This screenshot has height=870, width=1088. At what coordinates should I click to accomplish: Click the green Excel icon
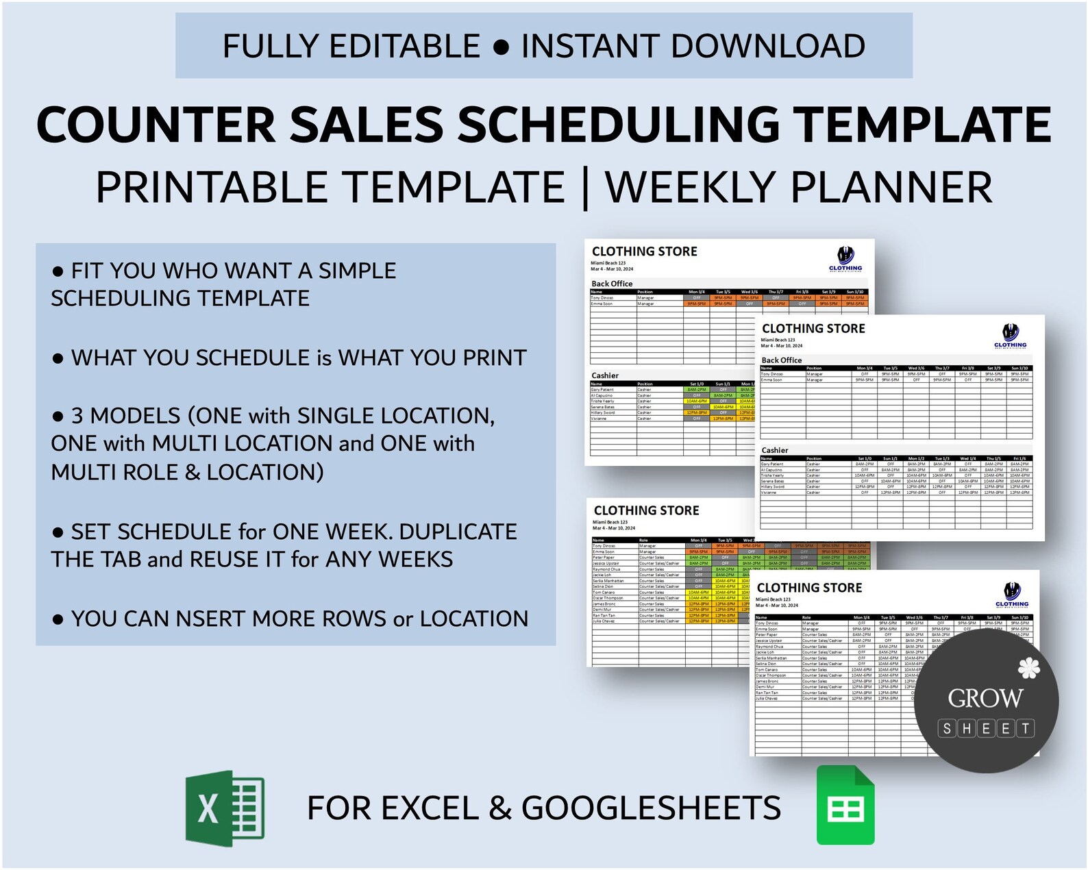click(225, 808)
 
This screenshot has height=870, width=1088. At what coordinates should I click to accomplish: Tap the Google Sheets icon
click(845, 806)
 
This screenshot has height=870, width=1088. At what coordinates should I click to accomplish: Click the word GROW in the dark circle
click(985, 698)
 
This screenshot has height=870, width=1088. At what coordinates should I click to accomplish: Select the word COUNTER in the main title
click(156, 125)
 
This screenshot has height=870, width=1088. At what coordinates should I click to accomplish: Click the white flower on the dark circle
click(1028, 667)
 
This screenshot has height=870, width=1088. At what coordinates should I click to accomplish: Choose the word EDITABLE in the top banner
click(404, 46)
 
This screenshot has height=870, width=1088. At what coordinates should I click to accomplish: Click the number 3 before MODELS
click(77, 416)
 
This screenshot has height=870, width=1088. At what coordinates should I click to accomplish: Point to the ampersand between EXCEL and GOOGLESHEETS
click(500, 808)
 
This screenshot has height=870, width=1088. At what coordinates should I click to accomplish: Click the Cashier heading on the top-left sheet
click(605, 375)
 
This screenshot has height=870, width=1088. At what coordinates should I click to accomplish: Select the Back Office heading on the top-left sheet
click(612, 284)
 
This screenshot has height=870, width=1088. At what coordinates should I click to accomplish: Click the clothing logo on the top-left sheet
click(845, 259)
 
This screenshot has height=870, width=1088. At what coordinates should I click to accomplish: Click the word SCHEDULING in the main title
click(618, 125)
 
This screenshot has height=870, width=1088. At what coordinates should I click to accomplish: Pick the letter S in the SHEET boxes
click(947, 728)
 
